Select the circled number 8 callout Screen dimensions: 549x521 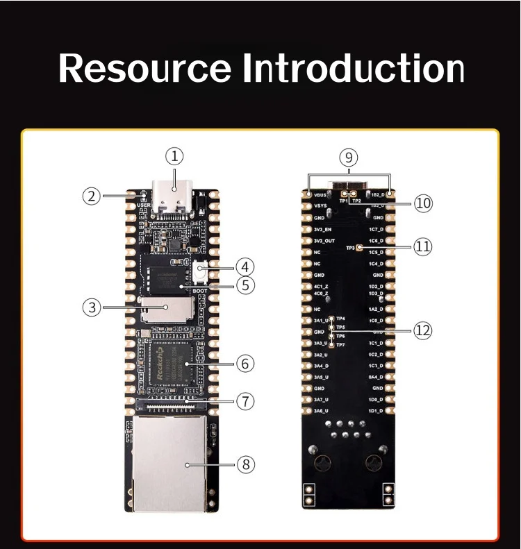click(245, 464)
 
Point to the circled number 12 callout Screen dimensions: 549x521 click(422, 331)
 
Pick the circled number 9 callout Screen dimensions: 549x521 click(349, 158)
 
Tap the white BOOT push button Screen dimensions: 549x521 click(201, 269)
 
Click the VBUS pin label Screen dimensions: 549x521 click(320, 195)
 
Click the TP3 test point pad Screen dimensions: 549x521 click(360, 248)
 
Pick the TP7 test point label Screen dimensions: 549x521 click(340, 344)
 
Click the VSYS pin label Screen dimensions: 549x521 click(320, 206)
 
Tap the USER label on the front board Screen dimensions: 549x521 click(144, 205)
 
